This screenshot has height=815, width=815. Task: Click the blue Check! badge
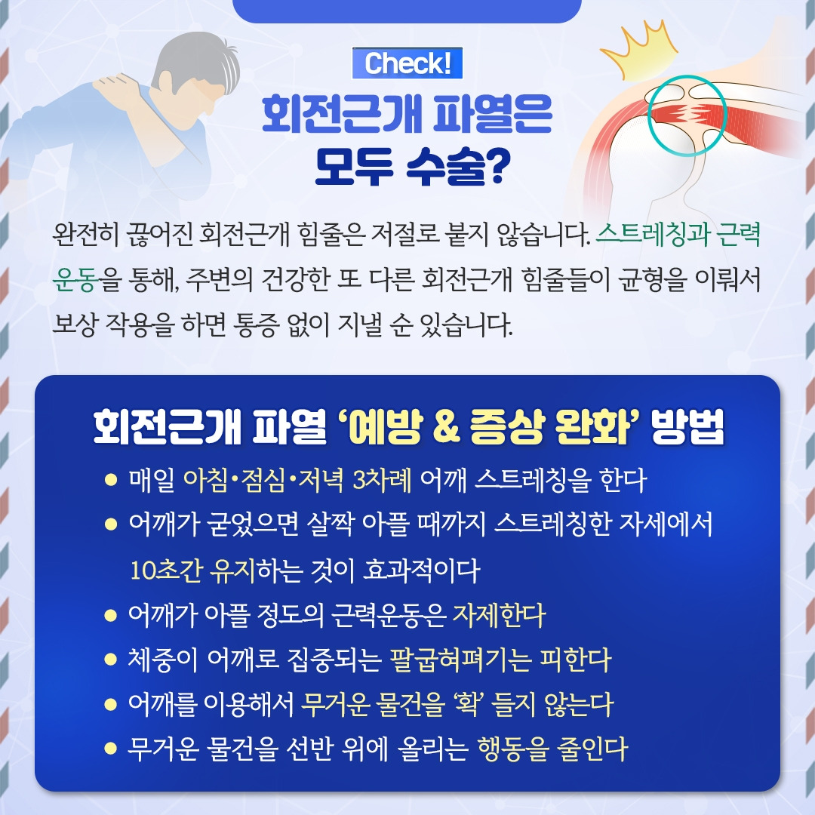[x=407, y=64]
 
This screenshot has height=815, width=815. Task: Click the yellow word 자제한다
[x=498, y=617]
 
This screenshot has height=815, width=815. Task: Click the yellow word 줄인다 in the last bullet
[x=595, y=751]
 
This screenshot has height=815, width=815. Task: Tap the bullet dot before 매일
[x=112, y=480]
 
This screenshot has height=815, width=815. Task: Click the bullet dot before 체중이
[x=112, y=662]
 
